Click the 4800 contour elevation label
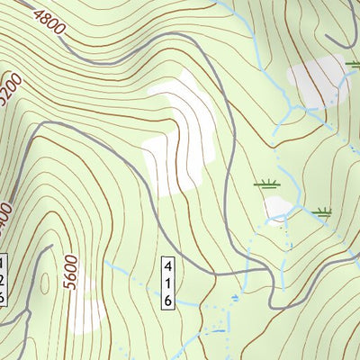click(48, 21)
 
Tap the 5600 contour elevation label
click(72, 267)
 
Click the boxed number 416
click(166, 283)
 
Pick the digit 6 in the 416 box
click(166, 299)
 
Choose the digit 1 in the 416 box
click(166, 283)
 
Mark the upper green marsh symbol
click(265, 184)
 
